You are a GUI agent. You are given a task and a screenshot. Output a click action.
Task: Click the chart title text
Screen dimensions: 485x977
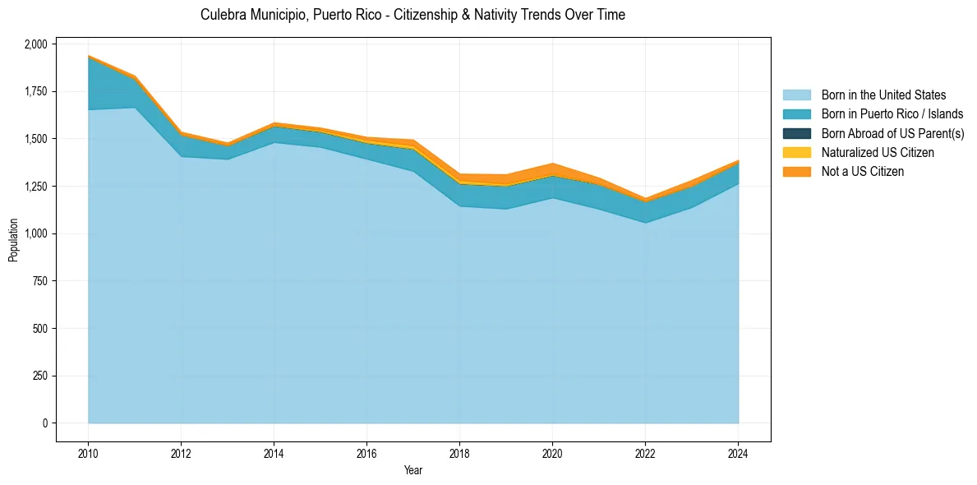pyautogui.click(x=412, y=15)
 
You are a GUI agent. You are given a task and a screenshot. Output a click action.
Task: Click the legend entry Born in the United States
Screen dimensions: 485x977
pyautogui.click(x=883, y=95)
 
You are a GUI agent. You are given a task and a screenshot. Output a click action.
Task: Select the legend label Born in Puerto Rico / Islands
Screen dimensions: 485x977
pyautogui.click(x=892, y=114)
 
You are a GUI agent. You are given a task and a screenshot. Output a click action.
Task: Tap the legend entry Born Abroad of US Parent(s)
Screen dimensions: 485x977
pyautogui.click(x=892, y=133)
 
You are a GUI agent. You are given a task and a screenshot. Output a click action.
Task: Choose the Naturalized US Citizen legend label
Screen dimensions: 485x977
pyautogui.click(x=878, y=153)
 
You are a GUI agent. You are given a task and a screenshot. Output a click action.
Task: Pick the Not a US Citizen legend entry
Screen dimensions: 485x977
pyautogui.click(x=862, y=172)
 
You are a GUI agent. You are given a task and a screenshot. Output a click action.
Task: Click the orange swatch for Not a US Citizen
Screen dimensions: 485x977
pyautogui.click(x=796, y=172)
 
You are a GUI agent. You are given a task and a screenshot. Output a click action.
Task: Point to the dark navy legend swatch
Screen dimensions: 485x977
pyautogui.click(x=796, y=133)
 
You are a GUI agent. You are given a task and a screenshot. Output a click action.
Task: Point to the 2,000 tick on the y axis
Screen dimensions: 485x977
pyautogui.click(x=36, y=44)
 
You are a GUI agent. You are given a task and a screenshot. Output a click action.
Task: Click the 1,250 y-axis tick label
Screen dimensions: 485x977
pyautogui.click(x=36, y=187)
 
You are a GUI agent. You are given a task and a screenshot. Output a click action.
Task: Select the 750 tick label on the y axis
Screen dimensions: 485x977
pyautogui.click(x=41, y=281)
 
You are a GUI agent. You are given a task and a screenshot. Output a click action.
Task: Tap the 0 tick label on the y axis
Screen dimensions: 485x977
pyautogui.click(x=46, y=423)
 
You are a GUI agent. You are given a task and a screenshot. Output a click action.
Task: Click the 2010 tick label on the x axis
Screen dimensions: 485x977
pyautogui.click(x=88, y=452)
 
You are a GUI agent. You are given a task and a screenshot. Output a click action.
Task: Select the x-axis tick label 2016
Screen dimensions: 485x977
pyautogui.click(x=366, y=452)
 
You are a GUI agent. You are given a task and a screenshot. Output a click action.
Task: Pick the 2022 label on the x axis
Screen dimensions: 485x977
pyautogui.click(x=645, y=452)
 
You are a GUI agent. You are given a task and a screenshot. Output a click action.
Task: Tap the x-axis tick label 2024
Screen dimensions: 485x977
pyautogui.click(x=738, y=452)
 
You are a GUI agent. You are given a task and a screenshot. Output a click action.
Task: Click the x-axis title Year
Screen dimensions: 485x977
pyautogui.click(x=413, y=470)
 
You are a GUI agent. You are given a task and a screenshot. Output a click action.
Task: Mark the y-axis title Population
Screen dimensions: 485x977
pyautogui.click(x=13, y=240)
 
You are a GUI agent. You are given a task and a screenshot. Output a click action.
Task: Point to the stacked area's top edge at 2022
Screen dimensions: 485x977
pyautogui.click(x=645, y=198)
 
